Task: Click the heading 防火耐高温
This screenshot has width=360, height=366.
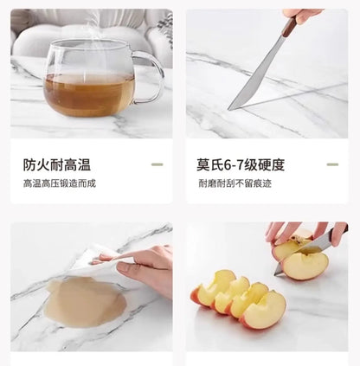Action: [57, 164]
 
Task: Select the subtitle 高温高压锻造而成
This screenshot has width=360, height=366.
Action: [60, 183]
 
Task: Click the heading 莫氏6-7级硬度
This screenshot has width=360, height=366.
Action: [241, 164]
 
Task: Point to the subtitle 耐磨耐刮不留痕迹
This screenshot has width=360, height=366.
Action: [235, 183]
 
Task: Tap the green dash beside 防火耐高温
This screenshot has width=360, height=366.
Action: [157, 164]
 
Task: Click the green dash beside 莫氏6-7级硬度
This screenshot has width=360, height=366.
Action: [332, 164]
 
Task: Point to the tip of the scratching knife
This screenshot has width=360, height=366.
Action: [228, 109]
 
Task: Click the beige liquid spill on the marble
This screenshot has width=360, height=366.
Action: [86, 301]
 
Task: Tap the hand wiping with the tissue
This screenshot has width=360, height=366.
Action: [141, 268]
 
